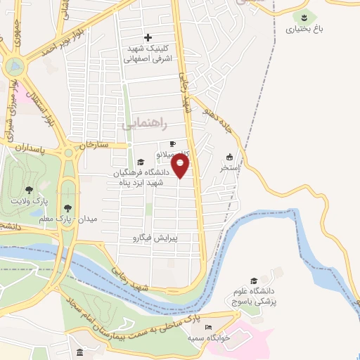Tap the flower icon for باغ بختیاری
304,16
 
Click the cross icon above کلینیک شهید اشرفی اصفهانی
148,37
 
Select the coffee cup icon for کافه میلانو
172,144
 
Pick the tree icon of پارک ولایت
29,189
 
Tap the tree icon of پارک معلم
67,207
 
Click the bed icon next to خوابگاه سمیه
207,327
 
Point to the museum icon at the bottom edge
79,352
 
